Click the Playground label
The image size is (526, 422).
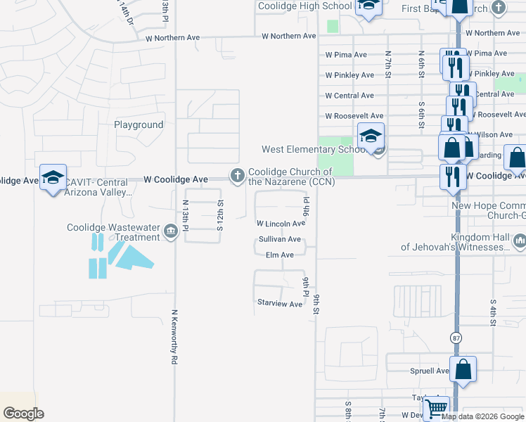[139, 124]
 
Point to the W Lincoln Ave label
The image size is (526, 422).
[280, 224]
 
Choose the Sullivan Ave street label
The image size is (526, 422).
[279, 239]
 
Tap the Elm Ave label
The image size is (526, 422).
[279, 255]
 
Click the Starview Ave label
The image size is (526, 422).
[279, 304]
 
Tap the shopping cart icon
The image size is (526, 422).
[437, 407]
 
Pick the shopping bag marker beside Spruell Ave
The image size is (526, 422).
[463, 370]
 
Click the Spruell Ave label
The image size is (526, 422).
[429, 371]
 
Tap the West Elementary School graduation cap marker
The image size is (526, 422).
[371, 136]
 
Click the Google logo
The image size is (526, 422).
[23, 414]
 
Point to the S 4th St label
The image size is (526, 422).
[494, 312]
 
